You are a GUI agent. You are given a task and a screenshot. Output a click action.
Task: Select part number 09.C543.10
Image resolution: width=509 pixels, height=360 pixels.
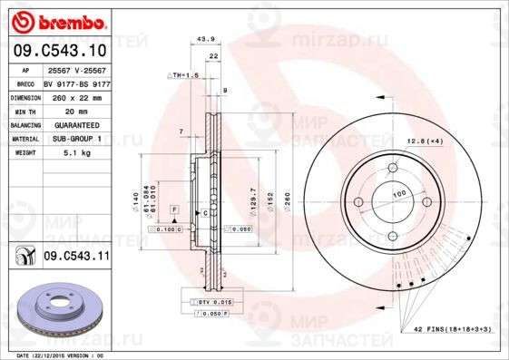(60, 51)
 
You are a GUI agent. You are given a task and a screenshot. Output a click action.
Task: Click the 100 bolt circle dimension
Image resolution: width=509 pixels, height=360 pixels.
(398, 193)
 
